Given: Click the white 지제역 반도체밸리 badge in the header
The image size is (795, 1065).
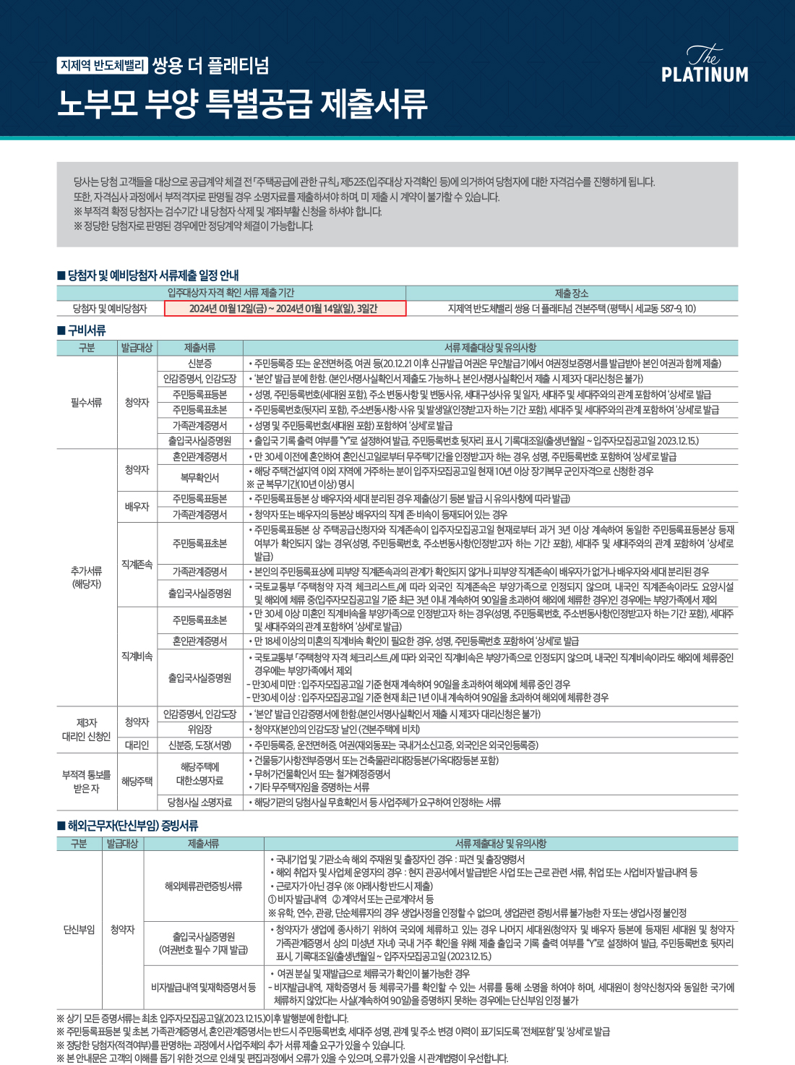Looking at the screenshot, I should click(x=103, y=66).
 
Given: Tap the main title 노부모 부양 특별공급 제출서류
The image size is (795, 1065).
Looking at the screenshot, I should click(x=242, y=104).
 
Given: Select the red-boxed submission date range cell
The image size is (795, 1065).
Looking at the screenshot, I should click(x=285, y=309).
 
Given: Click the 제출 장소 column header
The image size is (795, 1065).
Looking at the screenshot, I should click(x=571, y=293).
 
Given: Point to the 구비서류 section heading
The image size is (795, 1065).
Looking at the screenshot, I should click(x=82, y=330).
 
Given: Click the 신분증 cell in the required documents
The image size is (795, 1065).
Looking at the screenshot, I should click(x=199, y=363).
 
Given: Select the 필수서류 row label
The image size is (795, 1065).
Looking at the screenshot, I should click(x=86, y=402).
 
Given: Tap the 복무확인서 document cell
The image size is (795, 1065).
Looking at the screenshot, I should click(x=199, y=477).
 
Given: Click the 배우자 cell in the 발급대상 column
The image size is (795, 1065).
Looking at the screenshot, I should click(x=137, y=506).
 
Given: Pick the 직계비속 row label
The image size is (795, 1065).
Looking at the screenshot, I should click(x=137, y=656).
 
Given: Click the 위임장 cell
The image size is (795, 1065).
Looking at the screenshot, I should click(x=199, y=730).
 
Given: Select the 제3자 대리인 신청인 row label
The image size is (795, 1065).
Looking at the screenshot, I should click(x=86, y=730).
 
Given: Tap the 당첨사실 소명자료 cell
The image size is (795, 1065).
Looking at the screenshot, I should click(x=199, y=803).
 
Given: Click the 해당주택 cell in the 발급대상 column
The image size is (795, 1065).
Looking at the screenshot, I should click(x=137, y=781).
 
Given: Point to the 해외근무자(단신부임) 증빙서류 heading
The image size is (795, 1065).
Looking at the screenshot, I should click(x=128, y=826).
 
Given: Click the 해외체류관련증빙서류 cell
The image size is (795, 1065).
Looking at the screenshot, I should click(x=203, y=886).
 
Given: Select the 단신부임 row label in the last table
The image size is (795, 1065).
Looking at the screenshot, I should click(x=79, y=929).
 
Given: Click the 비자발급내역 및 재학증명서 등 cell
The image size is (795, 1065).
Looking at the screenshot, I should click(x=203, y=987).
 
